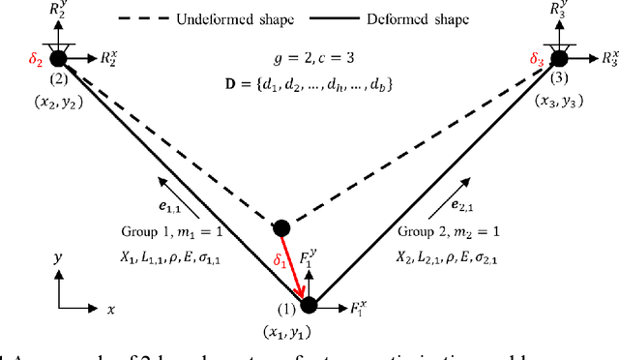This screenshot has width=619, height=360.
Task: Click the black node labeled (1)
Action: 309,306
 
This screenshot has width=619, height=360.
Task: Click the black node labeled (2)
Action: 59,60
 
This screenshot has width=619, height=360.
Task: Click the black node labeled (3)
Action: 559,60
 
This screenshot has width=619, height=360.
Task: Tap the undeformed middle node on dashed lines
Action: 280,228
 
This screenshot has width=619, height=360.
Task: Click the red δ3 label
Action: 538,60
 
